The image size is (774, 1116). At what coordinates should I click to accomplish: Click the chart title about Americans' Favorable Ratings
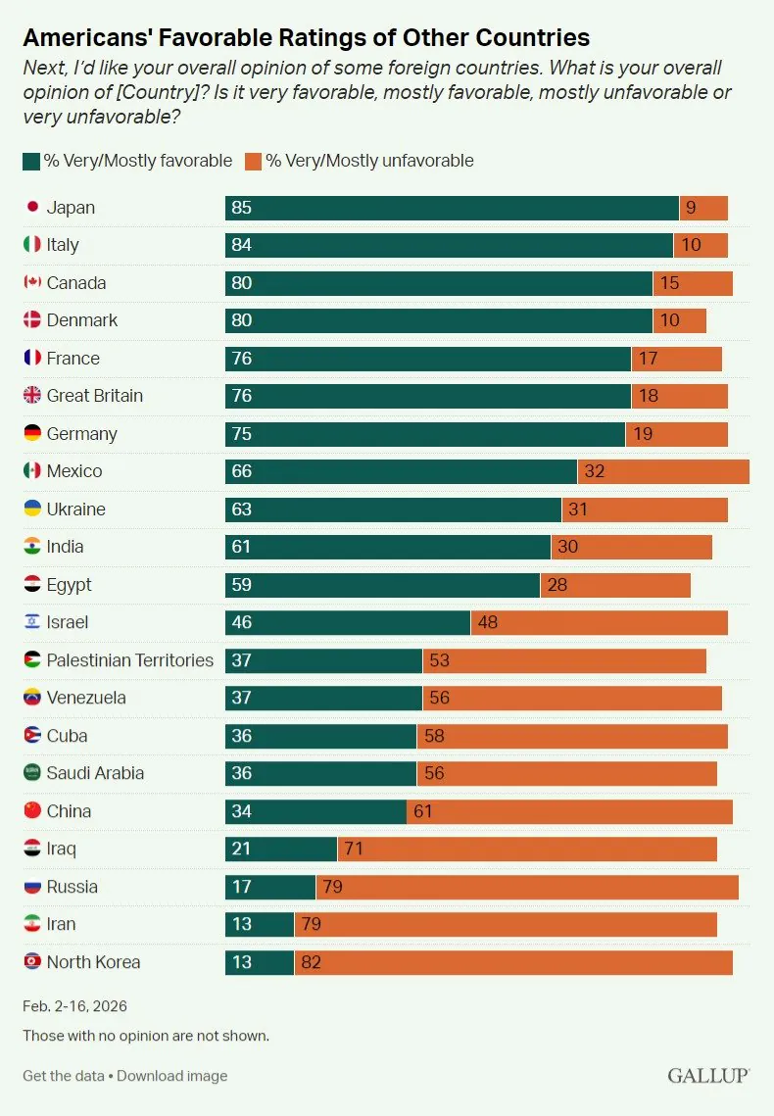tap(306, 38)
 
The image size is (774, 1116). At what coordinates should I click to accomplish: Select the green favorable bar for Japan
tap(451, 208)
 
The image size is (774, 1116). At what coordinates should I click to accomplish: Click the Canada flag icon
tap(32, 283)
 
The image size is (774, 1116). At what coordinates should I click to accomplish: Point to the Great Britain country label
tap(94, 396)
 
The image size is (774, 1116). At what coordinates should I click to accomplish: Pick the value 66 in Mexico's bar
tap(241, 471)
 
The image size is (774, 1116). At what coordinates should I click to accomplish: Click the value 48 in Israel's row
tap(488, 622)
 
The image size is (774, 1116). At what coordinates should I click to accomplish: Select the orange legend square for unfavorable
tap(253, 161)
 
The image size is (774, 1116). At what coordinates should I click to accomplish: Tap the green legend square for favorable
tap(30, 161)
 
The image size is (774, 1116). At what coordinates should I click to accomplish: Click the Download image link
tap(171, 1076)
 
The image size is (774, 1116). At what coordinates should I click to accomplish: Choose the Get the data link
tap(63, 1076)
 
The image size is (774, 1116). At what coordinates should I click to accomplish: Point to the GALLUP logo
tap(708, 1076)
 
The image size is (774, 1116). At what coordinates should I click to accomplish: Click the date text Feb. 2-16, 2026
tap(74, 1006)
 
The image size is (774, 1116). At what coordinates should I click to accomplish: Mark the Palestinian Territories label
tap(129, 660)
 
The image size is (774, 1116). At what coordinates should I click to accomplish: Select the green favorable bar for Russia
tap(270, 887)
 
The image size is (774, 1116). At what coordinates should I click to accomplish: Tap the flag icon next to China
tap(32, 811)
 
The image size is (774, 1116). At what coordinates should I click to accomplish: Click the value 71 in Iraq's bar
tap(354, 849)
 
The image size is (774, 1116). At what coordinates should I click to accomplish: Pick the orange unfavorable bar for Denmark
tap(679, 320)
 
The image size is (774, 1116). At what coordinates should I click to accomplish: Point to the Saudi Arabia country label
tap(95, 773)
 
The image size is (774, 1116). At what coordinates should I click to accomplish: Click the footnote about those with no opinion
tap(145, 1036)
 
